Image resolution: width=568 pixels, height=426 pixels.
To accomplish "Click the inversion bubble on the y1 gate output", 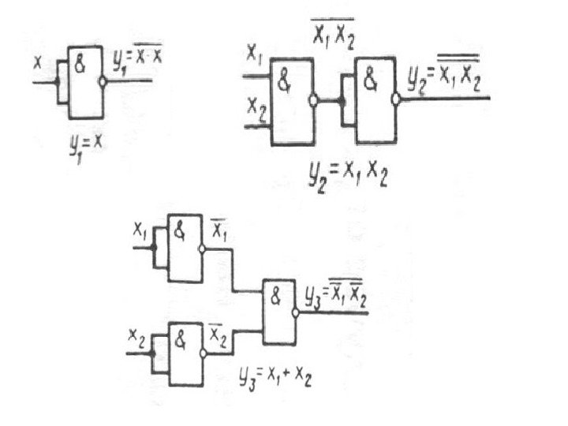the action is (103, 80).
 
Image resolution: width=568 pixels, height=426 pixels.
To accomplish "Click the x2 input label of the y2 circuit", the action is (254, 103).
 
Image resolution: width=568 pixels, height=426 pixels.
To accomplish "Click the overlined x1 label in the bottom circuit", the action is (219, 231).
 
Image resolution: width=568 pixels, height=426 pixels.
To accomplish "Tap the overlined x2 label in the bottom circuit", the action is (219, 338).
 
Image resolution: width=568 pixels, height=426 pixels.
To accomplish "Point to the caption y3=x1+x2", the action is (276, 378).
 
